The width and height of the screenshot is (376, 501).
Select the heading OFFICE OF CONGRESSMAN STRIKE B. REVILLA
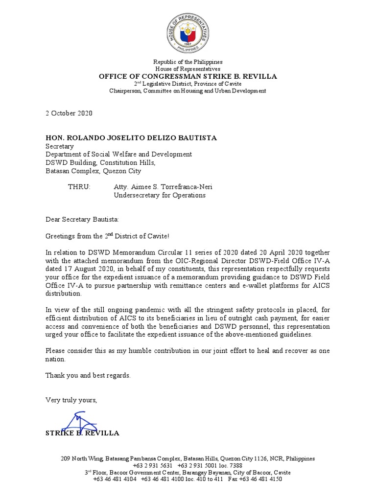pos(188,76)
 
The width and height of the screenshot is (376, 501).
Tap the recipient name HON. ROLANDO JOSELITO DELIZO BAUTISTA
pos(131,137)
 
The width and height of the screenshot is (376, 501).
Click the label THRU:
pos(79,187)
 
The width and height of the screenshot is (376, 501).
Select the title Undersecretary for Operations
pos(160,195)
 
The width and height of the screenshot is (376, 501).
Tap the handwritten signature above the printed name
pos(79,422)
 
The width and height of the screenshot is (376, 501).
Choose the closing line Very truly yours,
pos(71,400)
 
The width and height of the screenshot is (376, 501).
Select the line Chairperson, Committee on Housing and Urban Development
pos(188,91)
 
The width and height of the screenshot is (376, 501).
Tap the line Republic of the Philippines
pos(188,62)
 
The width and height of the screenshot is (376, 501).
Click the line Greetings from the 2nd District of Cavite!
pos(108,236)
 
